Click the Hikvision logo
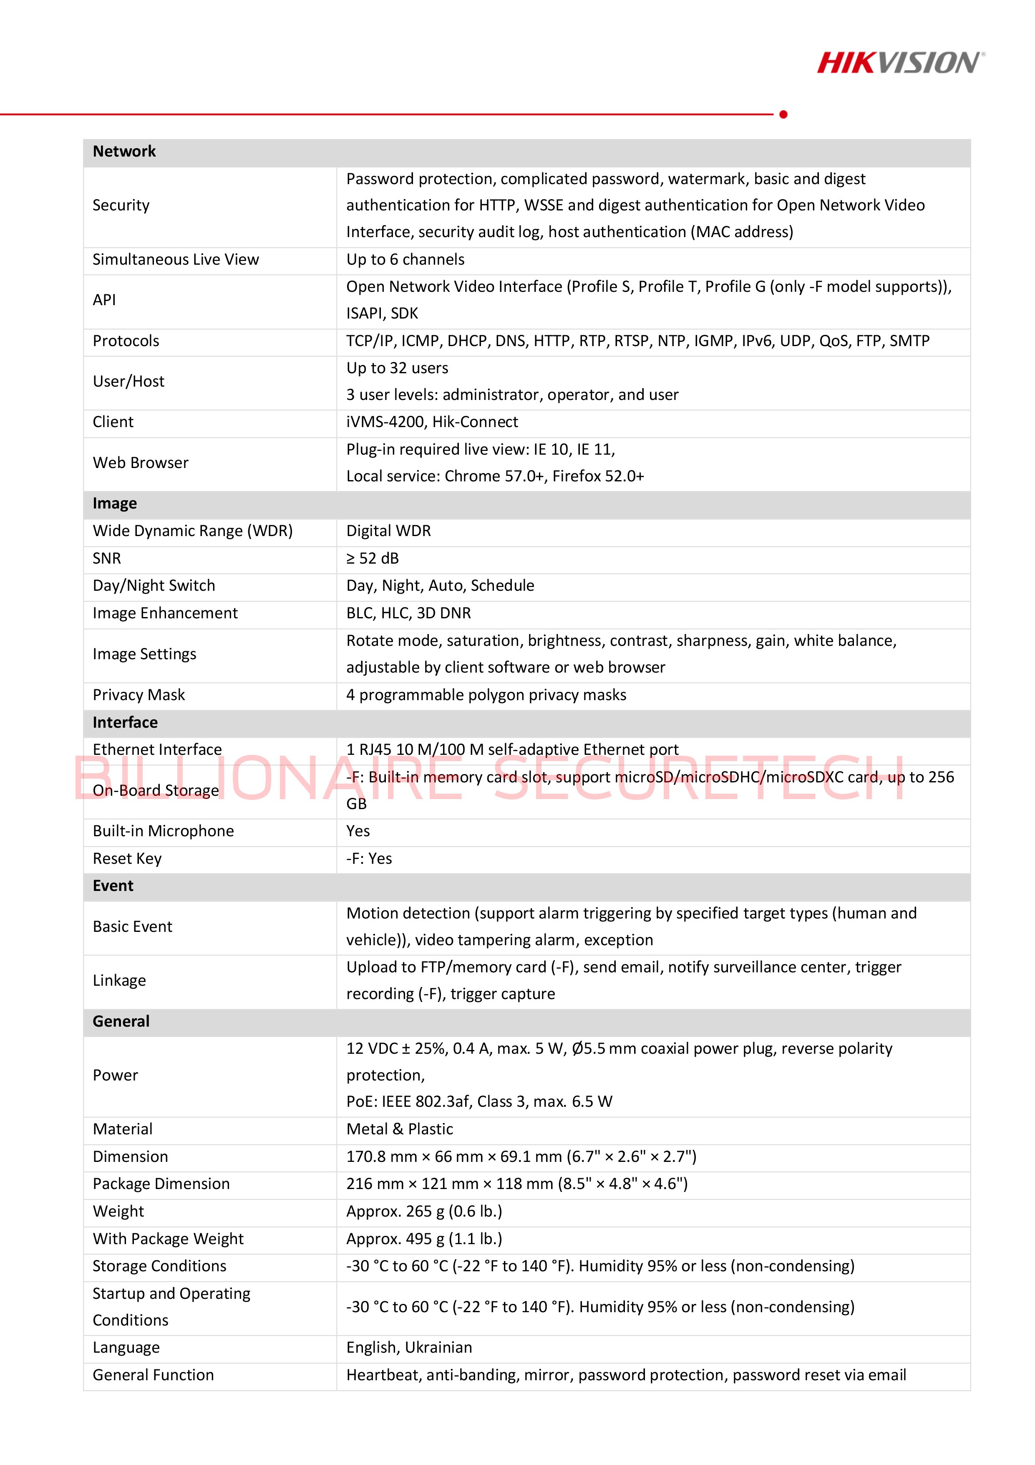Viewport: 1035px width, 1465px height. (x=900, y=63)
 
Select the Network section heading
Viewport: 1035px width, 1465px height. (x=124, y=151)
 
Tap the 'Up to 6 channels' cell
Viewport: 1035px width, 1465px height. (x=405, y=260)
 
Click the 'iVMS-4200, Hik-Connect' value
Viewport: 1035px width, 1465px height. (x=432, y=422)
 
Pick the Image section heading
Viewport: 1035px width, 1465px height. (x=115, y=504)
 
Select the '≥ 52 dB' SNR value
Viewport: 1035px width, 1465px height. (x=373, y=558)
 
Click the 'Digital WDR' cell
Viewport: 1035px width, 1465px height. (x=388, y=531)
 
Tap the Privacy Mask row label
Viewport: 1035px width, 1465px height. (x=139, y=695)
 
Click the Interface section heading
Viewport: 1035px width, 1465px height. (x=125, y=722)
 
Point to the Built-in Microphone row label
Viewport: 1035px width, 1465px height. (x=163, y=831)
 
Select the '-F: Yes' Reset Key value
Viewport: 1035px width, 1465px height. (x=369, y=858)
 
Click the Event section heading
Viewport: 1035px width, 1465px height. (x=113, y=886)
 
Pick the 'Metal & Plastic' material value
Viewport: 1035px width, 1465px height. (x=399, y=1129)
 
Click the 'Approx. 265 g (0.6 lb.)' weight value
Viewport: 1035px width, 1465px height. (x=424, y=1211)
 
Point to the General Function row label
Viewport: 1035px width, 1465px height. (x=153, y=1375)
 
